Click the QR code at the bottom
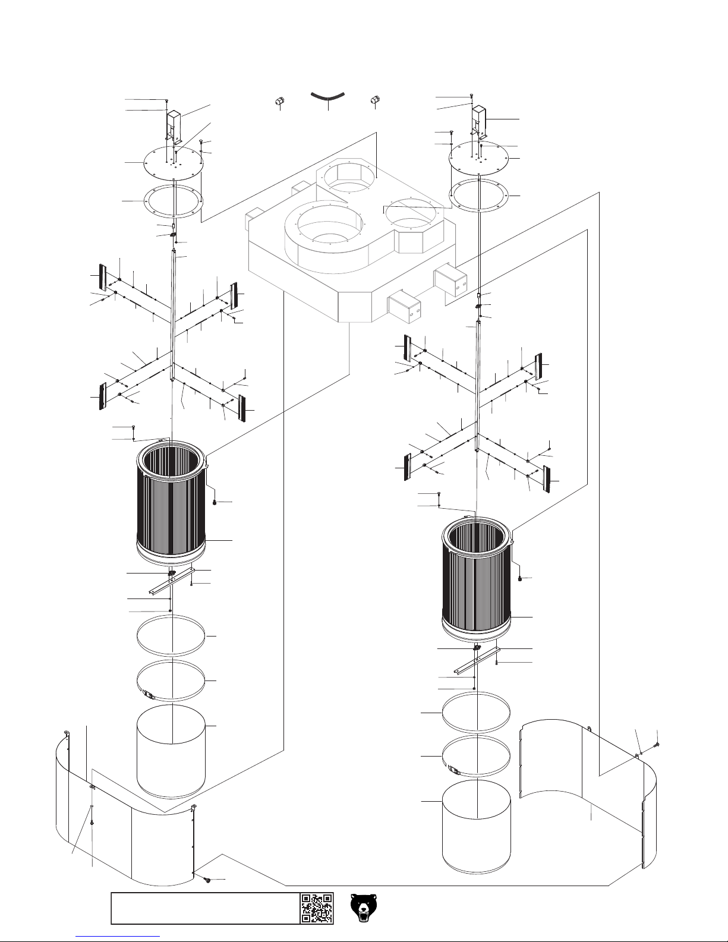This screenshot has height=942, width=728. coord(317,908)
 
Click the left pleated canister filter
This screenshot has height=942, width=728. coord(172,499)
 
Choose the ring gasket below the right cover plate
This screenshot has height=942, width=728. coord(479,196)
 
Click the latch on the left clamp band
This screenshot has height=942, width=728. coord(149,694)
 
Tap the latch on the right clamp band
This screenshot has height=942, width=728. coord(455,770)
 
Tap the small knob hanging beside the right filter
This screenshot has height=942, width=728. coord(521,579)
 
